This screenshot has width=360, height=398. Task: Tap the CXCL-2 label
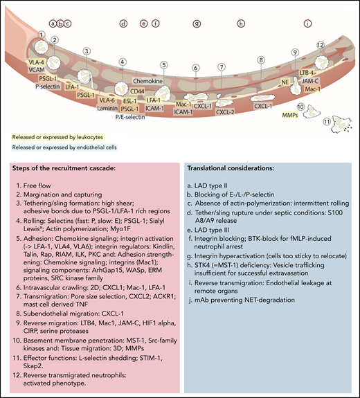226,111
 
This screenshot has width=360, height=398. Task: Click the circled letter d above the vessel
123,23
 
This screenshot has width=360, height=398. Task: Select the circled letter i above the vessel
307,23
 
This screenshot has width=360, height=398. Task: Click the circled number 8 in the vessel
261,60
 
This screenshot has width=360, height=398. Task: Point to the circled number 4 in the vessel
123,62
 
